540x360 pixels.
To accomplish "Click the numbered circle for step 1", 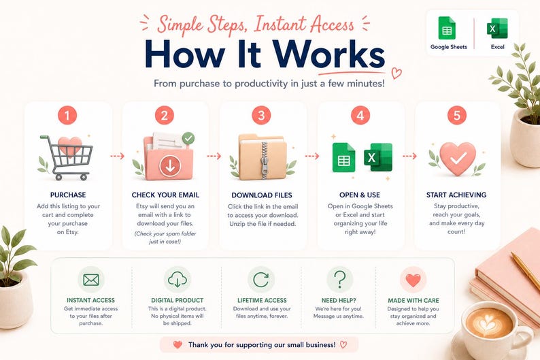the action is point(67,115).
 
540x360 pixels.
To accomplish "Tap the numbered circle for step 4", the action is point(360,115).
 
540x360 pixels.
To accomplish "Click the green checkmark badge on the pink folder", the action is point(188,139).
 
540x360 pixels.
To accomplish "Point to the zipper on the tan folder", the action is point(264,160).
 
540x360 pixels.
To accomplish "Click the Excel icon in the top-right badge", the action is point(497,29).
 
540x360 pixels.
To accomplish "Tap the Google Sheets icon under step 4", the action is point(343,157).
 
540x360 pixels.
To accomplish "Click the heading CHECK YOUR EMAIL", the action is point(165,195).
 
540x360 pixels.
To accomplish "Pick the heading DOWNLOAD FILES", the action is point(262,195).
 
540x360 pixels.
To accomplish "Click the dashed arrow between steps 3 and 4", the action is point(312,157).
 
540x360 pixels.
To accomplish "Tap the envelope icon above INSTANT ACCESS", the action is point(91,280).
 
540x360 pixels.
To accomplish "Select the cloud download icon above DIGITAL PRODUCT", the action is point(178,280).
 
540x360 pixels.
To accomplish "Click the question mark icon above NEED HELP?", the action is point(339,279).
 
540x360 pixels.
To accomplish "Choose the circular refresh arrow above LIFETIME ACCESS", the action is point(260,280).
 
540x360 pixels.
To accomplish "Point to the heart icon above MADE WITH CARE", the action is point(414,280).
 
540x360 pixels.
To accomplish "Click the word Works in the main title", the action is point(330,55).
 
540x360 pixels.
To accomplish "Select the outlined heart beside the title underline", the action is point(396,73).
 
